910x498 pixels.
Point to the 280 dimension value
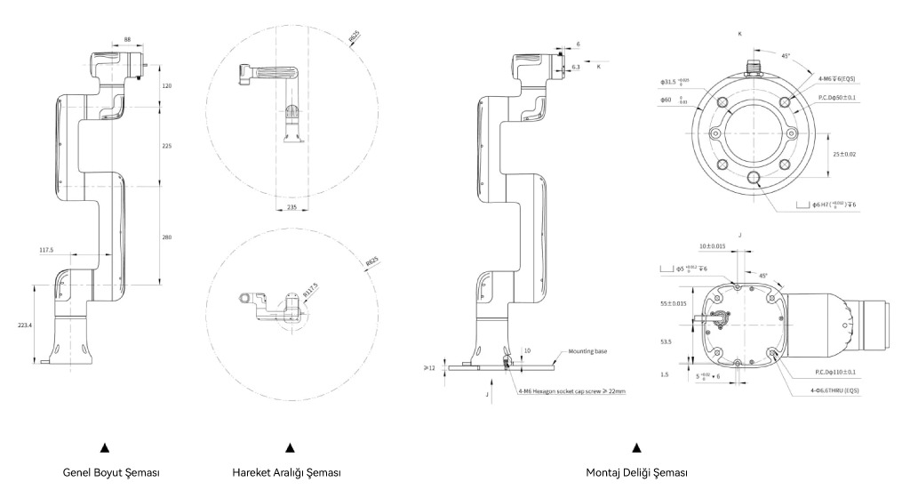(167, 237)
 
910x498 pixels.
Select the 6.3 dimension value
(577, 67)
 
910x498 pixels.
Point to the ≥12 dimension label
(430, 365)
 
